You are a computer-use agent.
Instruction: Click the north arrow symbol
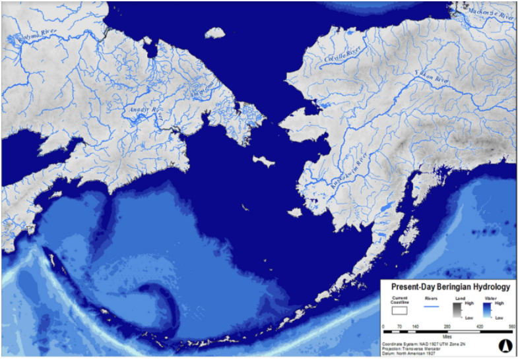click(x=505, y=344)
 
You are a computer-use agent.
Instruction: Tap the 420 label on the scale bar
click(x=479, y=326)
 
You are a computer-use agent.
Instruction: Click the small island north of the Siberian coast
click(x=215, y=32)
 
